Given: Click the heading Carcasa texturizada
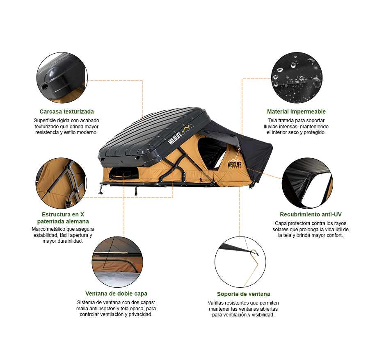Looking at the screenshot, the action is pyautogui.click(x=66, y=111).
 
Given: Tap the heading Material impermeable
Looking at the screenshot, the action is pyautogui.click(x=296, y=111).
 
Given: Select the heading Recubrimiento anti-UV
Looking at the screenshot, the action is pyautogui.click(x=311, y=214).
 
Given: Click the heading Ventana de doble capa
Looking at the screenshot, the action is pyautogui.click(x=116, y=293).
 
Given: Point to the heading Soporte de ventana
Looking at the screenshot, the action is pyautogui.click(x=243, y=294).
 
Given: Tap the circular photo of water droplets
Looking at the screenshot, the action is pyautogui.click(x=297, y=77).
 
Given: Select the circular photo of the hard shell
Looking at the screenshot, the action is pyautogui.click(x=62, y=77).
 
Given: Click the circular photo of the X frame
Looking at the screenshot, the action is pyautogui.click(x=61, y=183).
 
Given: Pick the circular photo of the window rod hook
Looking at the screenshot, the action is pyautogui.click(x=240, y=262).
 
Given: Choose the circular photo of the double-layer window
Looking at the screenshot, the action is pyautogui.click(x=117, y=262).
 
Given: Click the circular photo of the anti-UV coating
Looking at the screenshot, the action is pyautogui.click(x=307, y=183).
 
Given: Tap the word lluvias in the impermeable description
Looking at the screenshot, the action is pyautogui.click(x=271, y=127).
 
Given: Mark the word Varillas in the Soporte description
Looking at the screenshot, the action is pyautogui.click(x=216, y=303).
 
